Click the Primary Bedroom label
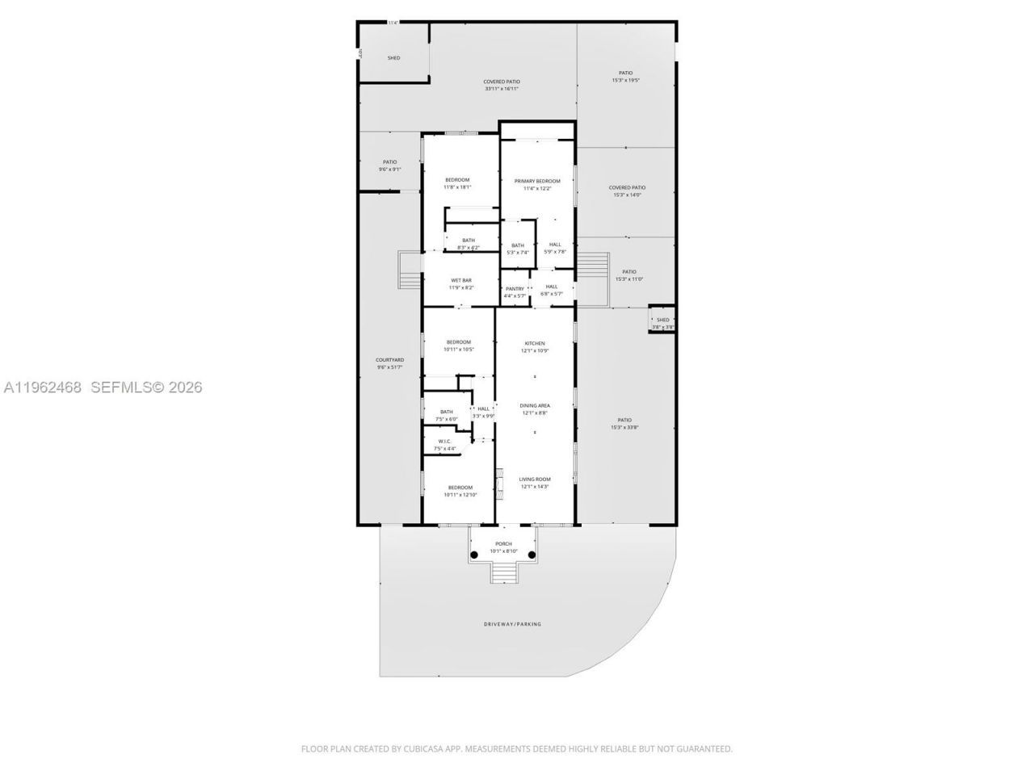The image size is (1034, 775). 537,181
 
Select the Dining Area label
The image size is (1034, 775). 534,405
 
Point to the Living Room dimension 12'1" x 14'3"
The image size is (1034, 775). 535,486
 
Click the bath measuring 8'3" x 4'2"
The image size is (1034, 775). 469,243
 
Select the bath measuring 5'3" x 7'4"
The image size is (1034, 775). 518,249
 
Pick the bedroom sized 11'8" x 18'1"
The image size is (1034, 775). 457,183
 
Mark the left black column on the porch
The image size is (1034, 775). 474,555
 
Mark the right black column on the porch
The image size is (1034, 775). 532,555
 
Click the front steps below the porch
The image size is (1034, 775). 502,573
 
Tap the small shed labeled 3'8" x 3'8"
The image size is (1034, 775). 663,322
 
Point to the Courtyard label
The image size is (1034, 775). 389,363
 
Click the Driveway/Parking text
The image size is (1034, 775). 512,624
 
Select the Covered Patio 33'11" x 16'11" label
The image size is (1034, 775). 502,85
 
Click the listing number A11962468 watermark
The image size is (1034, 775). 43,387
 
